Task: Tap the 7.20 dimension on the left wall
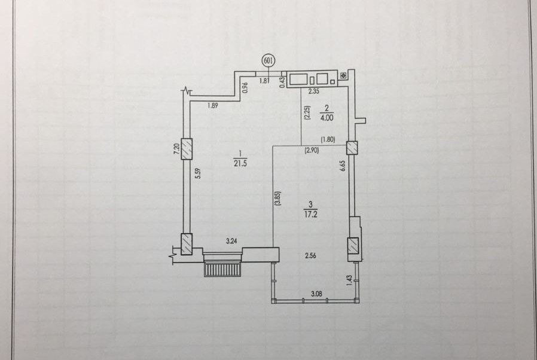[177, 149]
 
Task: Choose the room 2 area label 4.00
[327, 118]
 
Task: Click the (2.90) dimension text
[312, 151]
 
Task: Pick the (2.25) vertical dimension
[306, 114]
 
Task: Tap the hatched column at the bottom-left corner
[187, 243]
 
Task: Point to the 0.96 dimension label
[245, 87]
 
